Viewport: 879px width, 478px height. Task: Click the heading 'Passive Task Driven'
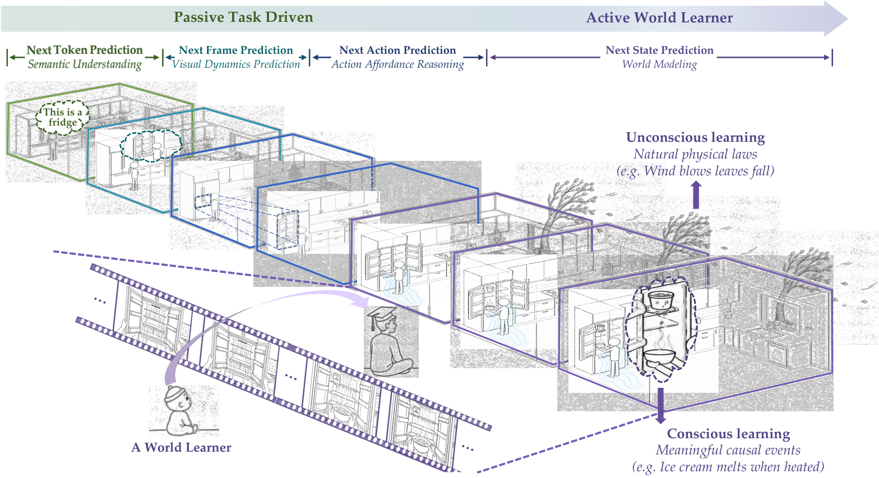click(243, 17)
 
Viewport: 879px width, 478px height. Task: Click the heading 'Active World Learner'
click(659, 17)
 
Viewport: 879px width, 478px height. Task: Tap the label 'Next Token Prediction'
click(85, 50)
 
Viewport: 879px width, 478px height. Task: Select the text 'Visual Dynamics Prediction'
click(236, 64)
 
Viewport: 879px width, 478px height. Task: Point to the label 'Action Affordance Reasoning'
click(397, 64)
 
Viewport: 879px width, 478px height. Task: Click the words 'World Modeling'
click(659, 64)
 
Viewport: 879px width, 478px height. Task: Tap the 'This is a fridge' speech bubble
click(63, 117)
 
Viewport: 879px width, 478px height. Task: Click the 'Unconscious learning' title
click(695, 137)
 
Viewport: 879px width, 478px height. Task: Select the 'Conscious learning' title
click(729, 433)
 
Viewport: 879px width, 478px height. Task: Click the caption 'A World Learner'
click(181, 447)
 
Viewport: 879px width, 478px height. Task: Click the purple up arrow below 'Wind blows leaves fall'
click(696, 194)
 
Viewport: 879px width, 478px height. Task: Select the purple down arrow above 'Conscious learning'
click(661, 406)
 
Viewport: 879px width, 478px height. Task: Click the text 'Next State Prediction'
click(659, 50)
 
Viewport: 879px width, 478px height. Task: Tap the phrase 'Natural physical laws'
click(695, 154)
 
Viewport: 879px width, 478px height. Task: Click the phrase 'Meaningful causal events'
click(728, 450)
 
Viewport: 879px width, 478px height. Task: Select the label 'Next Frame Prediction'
click(236, 50)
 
